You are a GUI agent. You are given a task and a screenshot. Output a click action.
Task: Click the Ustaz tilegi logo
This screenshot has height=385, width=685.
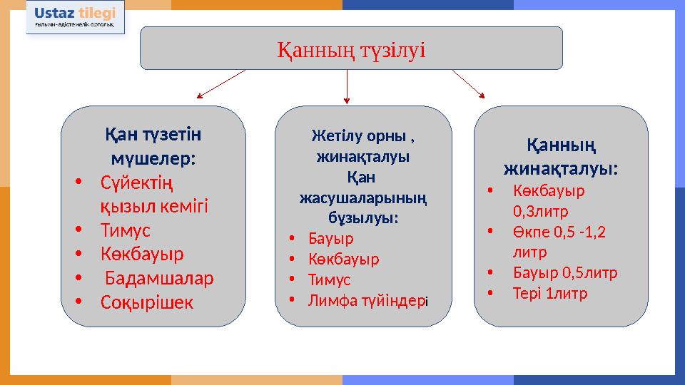click(75, 17)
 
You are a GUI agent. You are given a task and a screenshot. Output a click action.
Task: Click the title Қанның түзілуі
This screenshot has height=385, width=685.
click(351, 50)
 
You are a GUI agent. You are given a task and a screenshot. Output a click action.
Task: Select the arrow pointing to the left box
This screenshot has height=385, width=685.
click(221, 84)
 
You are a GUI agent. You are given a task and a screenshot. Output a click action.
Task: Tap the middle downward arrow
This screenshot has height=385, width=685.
click(347, 86)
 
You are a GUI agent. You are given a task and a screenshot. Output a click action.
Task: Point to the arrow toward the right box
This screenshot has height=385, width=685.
click(468, 84)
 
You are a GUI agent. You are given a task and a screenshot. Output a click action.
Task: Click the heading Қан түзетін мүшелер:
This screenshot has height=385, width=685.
click(153, 145)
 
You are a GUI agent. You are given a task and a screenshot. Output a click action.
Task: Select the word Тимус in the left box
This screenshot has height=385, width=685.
click(126, 230)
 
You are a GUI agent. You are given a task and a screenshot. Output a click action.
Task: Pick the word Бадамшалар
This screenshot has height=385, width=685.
click(159, 278)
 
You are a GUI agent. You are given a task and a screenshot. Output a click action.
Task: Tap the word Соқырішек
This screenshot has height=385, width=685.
click(147, 302)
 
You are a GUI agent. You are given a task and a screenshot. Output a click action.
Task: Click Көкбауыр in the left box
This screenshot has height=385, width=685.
click(142, 254)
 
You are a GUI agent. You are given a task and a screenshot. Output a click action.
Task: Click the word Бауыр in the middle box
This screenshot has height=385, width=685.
click(330, 238)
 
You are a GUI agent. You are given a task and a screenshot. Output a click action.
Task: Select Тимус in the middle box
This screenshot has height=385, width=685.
click(329, 279)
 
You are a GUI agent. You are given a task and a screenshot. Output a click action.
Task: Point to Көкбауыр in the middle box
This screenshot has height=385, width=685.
click(344, 259)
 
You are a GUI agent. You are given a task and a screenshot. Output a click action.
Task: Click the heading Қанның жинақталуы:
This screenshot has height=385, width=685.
click(561, 157)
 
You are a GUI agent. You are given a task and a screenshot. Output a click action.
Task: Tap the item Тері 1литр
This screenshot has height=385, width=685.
click(550, 293)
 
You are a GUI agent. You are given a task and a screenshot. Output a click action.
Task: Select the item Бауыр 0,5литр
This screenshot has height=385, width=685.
click(565, 272)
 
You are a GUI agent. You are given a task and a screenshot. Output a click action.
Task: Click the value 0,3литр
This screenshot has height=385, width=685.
click(540, 211)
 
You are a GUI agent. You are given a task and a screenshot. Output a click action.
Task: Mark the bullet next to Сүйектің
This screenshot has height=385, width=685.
click(78, 182)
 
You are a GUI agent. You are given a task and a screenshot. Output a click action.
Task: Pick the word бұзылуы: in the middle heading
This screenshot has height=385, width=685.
click(363, 217)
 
